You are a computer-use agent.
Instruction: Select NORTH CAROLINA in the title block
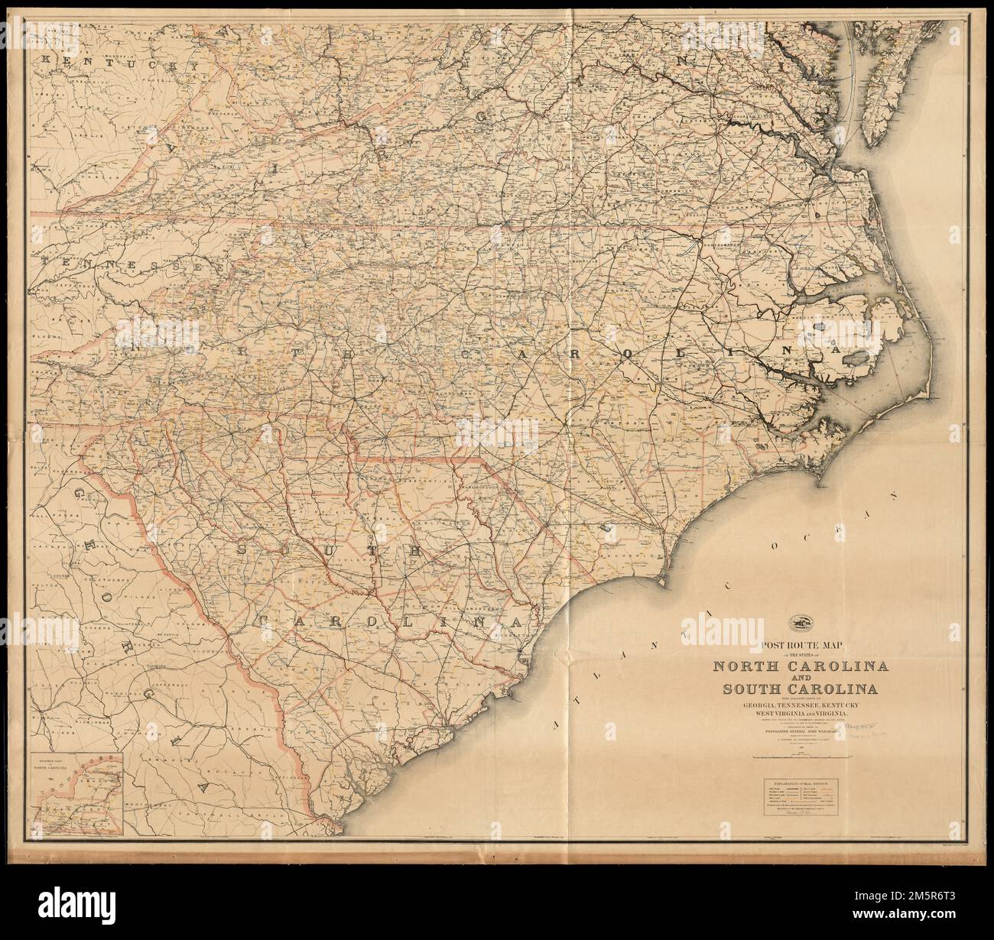click(800, 666)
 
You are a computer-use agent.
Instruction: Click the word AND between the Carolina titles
click(800, 679)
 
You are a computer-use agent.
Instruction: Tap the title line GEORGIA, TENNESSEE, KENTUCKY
click(800, 705)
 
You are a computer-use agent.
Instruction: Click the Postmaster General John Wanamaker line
click(800, 730)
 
